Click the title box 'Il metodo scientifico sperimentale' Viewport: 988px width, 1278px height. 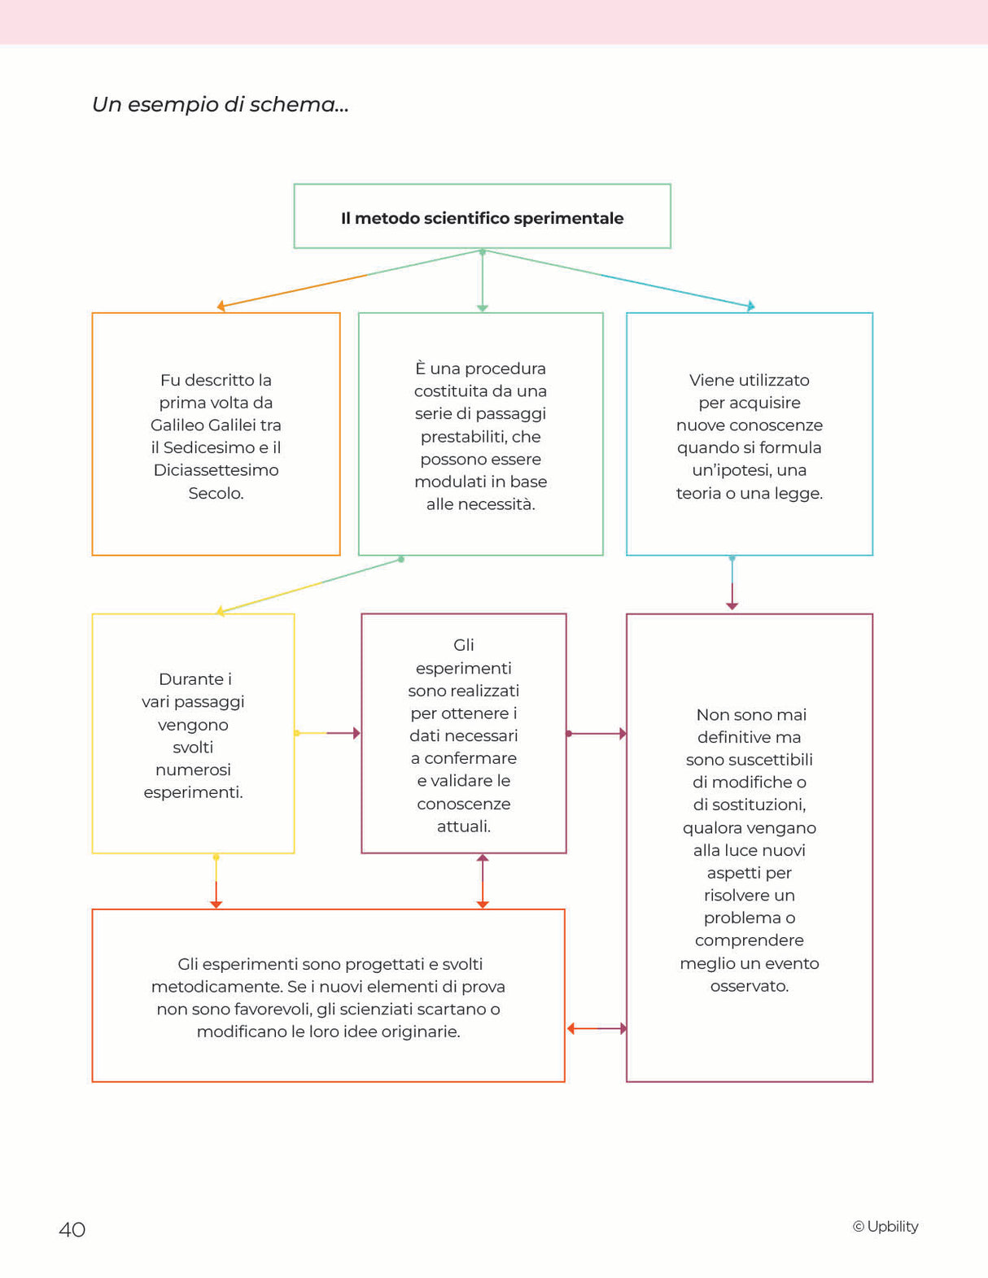tap(482, 217)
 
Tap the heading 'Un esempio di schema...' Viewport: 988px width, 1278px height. tap(220, 105)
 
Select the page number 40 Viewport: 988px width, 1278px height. tap(72, 1229)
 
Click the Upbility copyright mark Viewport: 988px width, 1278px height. tap(885, 1227)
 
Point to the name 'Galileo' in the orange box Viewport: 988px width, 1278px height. tap(177, 425)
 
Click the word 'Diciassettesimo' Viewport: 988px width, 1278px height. tap(216, 470)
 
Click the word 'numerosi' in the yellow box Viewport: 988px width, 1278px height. tap(193, 770)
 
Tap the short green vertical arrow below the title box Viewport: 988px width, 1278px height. tap(483, 281)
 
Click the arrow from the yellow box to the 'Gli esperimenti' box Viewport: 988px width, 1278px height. tap(327, 733)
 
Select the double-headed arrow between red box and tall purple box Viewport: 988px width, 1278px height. tap(597, 1028)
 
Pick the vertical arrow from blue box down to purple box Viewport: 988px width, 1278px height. tap(732, 583)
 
